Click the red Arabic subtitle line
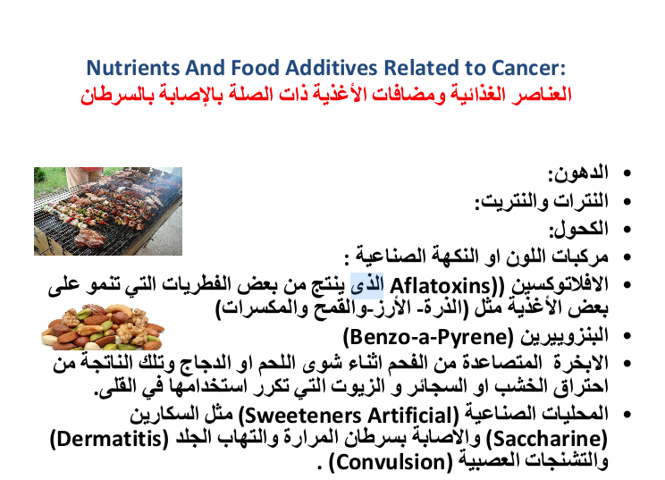(x=326, y=94)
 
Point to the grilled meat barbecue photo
(x=108, y=211)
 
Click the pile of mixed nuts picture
(x=103, y=326)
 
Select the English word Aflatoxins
(x=440, y=286)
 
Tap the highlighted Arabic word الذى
(x=366, y=285)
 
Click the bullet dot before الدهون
(x=627, y=173)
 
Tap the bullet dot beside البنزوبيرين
(x=627, y=336)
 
